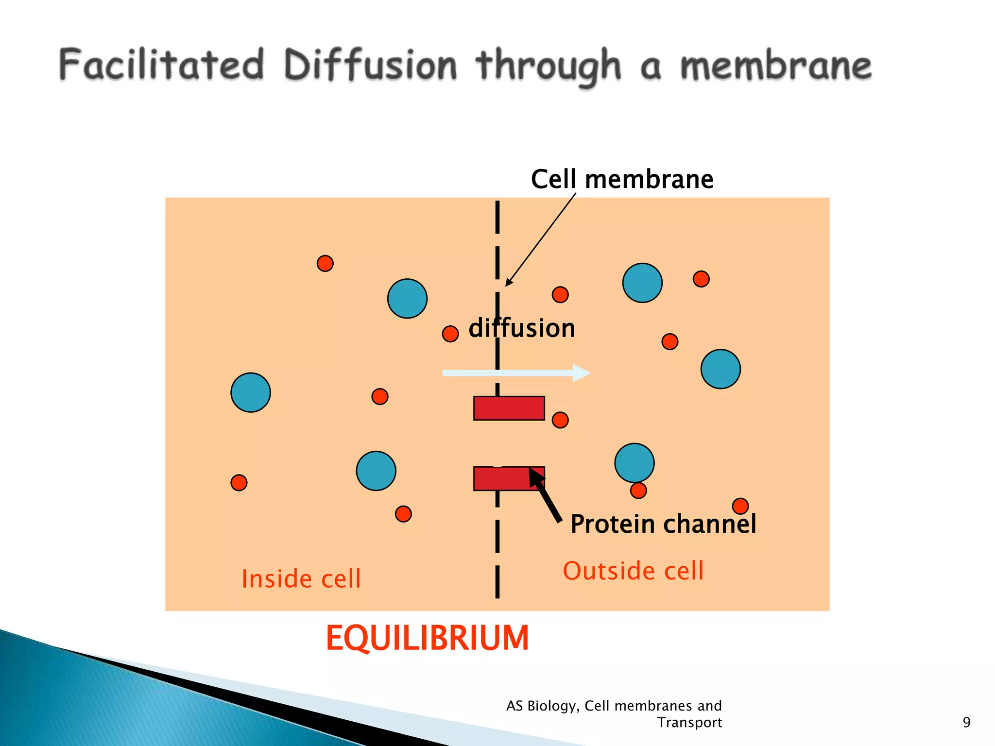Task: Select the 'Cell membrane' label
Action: click(x=622, y=179)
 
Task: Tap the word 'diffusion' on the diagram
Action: click(x=522, y=328)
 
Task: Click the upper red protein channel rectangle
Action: click(x=509, y=408)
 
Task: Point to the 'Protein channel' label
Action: click(x=663, y=524)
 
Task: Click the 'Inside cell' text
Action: click(x=301, y=579)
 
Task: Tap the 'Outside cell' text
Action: click(x=633, y=571)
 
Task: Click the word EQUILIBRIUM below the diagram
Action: click(x=427, y=638)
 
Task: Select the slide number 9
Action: click(x=966, y=722)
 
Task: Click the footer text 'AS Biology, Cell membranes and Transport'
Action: click(x=614, y=713)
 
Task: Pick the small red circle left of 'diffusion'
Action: click(x=450, y=334)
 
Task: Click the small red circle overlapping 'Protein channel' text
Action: click(x=740, y=506)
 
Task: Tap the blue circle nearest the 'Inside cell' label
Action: click(x=376, y=471)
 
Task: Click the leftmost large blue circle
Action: click(x=251, y=392)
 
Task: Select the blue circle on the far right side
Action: click(x=721, y=369)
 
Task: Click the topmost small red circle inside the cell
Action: click(x=325, y=263)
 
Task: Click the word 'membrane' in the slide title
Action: click(x=775, y=66)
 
